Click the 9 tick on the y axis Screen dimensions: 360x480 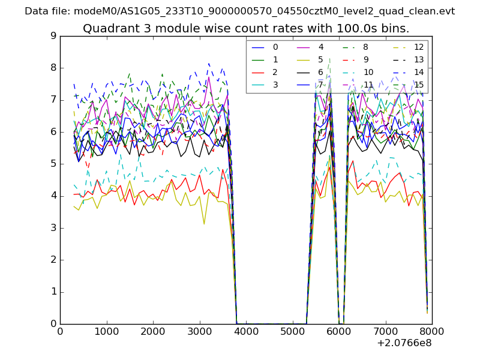53,36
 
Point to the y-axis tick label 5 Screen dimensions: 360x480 53,164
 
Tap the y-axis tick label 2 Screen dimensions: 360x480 53,260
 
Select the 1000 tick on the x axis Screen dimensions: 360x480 106,331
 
